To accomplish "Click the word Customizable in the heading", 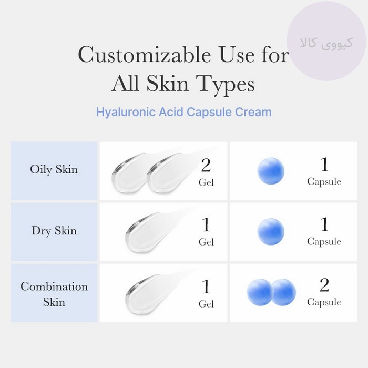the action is coord(145,55).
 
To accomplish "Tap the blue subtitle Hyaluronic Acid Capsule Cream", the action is coord(184,112).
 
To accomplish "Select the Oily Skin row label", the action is coord(54,169).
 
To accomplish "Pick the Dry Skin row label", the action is coord(54,231).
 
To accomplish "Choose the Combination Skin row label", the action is coord(54,294).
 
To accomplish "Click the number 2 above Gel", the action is coord(206,165).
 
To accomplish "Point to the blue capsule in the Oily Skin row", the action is coord(271,171).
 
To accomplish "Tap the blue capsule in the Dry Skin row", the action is coord(271,232).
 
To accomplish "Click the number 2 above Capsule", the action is coord(324,285).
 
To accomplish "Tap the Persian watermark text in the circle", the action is coord(326,44).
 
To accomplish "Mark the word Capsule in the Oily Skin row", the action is coord(324,182).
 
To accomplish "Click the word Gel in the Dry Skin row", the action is coord(206,242).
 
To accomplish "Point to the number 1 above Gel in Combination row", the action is coord(206,287).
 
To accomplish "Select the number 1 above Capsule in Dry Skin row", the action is coord(324,224).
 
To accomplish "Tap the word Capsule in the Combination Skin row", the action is coord(324,302).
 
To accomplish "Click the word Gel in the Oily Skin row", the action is coord(206,182).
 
